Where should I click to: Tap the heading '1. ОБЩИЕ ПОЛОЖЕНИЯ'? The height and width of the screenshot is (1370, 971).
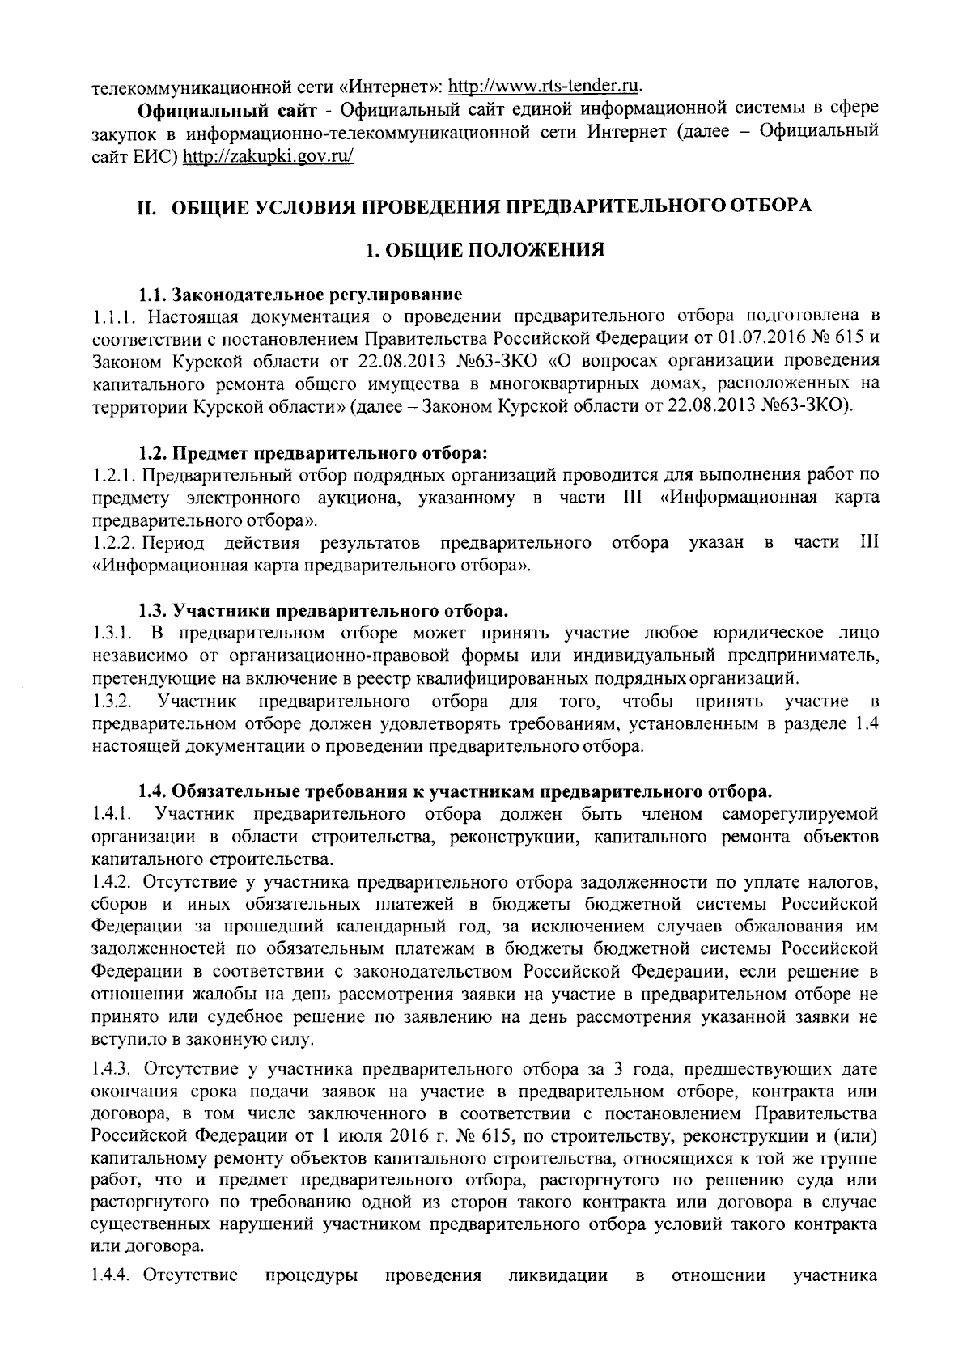click(485, 249)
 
